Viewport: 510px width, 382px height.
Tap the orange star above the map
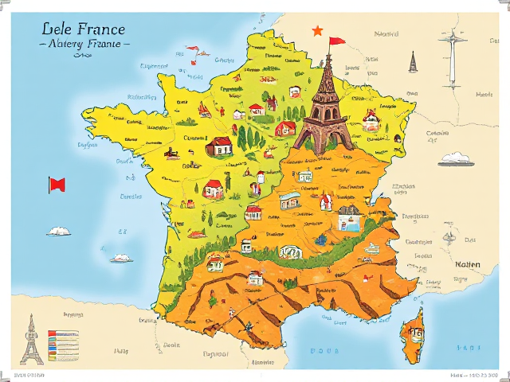(317, 31)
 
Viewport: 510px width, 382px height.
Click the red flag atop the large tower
(336, 41)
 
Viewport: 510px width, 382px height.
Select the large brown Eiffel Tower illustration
(324, 107)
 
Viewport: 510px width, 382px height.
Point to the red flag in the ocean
(57, 185)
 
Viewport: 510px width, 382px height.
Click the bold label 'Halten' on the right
(467, 263)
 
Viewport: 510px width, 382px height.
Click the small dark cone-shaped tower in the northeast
(413, 63)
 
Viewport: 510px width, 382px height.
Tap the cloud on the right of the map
(456, 158)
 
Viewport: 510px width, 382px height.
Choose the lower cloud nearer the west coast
(121, 258)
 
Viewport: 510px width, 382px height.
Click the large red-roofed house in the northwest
(218, 146)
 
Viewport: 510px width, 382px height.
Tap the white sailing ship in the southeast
(371, 249)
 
